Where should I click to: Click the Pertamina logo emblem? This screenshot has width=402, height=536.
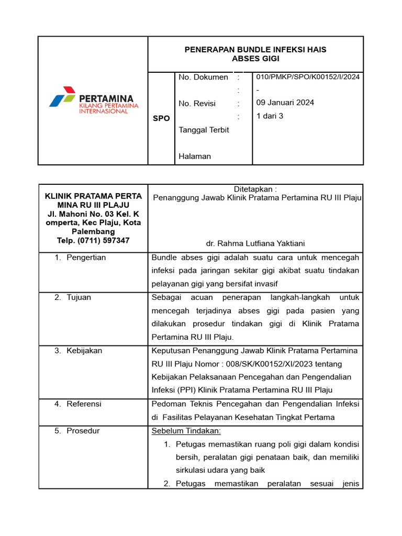[x=62, y=97]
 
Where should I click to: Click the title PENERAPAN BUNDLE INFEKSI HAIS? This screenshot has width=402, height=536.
[x=255, y=50]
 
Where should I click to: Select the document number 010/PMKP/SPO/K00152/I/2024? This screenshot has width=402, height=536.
[x=308, y=77]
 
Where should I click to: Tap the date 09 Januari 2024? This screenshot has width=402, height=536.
[x=285, y=103]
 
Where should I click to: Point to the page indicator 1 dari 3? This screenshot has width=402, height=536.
[x=270, y=116]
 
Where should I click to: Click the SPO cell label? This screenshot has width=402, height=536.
[x=161, y=118]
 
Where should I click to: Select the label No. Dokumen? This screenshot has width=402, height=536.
[x=203, y=77]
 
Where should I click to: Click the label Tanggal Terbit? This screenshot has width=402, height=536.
[x=204, y=130]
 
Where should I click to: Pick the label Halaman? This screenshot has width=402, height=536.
[x=195, y=156]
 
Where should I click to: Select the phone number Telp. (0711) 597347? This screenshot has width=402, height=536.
[x=93, y=240]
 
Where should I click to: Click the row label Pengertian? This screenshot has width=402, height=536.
[x=86, y=258]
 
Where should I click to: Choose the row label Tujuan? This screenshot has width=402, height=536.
[x=79, y=297]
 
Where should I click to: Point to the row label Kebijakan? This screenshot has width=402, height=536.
[x=84, y=351]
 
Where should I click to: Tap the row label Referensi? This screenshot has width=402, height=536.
[x=84, y=404]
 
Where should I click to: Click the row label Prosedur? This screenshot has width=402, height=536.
[x=83, y=431]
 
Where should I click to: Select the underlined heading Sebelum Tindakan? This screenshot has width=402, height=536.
[x=186, y=431]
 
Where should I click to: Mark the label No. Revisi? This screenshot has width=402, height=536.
[x=197, y=104]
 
